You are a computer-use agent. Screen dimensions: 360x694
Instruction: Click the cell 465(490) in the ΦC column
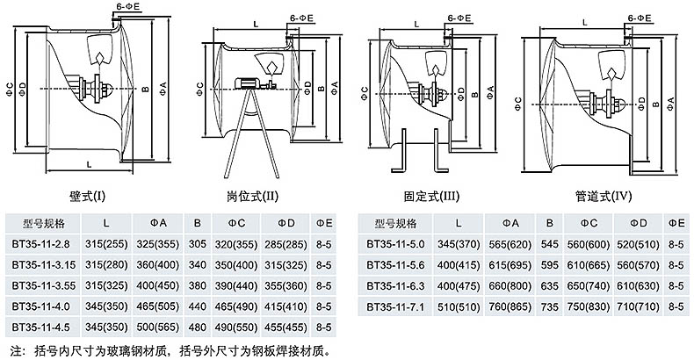(237, 307)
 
